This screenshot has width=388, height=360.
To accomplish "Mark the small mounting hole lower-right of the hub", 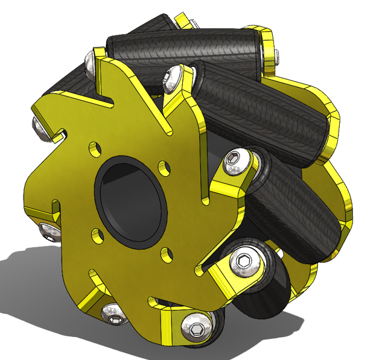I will coord(168,251).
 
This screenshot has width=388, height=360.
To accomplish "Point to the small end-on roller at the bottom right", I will coord(262,289).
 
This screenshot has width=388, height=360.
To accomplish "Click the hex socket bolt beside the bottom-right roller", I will coord(244,261).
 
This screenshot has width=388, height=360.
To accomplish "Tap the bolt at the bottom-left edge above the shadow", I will coord(112,312).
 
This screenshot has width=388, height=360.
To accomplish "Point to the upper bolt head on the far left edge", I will coord(37,127).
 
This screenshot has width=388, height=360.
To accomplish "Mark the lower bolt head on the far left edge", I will coord(47,230).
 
